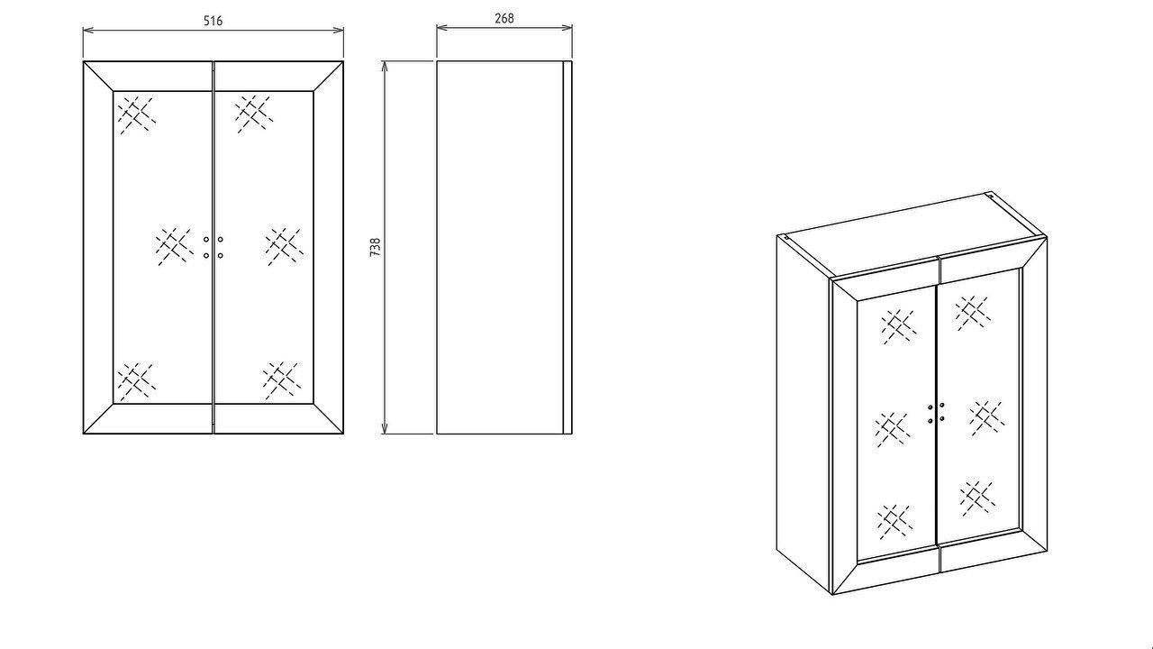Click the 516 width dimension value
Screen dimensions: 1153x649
(213, 21)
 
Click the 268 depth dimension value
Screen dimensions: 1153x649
(504, 19)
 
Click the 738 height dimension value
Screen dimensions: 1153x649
(376, 247)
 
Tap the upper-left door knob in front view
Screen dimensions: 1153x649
(206, 240)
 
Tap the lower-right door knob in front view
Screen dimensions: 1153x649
(221, 255)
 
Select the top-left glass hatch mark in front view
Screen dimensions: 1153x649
(137, 114)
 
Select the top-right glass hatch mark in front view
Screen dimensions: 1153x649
(254, 114)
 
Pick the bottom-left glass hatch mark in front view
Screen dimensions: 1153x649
(137, 381)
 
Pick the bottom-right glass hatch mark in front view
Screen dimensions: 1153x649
(282, 380)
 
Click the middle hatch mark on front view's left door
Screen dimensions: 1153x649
(175, 247)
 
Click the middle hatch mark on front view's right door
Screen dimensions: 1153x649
(284, 247)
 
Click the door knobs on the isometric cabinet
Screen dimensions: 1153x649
(936, 413)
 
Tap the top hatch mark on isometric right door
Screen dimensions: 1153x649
(973, 314)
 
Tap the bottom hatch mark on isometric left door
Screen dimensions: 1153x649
(894, 521)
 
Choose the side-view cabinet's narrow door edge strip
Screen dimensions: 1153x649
(567, 247)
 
